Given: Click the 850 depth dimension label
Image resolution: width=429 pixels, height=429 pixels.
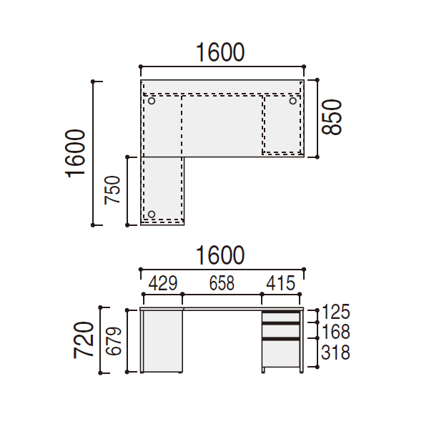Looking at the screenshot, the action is pos(332,117).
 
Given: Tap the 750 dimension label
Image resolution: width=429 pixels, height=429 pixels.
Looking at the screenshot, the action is pos(112,190).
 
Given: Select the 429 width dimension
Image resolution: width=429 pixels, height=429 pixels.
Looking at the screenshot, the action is pos(163,283).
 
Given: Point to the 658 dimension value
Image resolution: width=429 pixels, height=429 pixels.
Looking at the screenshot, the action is pos(222,283).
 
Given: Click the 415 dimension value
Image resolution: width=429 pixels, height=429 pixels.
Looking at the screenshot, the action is pos(281,283).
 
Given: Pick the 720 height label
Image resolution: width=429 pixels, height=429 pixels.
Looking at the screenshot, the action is pos(84,340).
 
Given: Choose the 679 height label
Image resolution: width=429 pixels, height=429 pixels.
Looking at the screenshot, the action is pos(114,341).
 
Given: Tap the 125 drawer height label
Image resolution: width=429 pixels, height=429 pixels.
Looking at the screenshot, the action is pos(336,312).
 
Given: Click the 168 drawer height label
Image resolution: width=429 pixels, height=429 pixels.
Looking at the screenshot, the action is pos(336,332).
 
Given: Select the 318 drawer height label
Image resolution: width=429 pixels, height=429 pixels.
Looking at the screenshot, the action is pos(336,352).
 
